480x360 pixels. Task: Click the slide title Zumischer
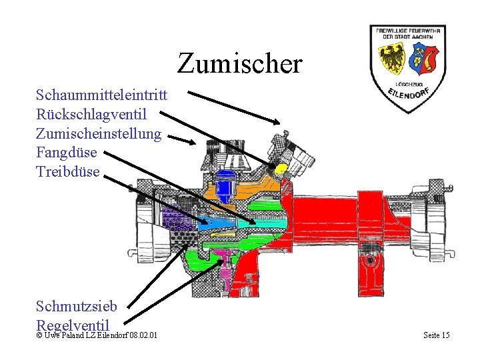pyautogui.click(x=240, y=63)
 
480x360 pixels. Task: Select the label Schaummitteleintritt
pyautogui.click(x=101, y=95)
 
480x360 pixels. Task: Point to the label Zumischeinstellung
pyautogui.click(x=99, y=134)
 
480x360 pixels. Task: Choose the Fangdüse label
pyautogui.click(x=67, y=153)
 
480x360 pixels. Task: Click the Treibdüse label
pyautogui.click(x=68, y=171)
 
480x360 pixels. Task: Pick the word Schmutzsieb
pyautogui.click(x=77, y=306)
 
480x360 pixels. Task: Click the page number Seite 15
pyautogui.click(x=437, y=335)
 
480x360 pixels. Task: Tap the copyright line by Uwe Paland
pyautogui.click(x=97, y=335)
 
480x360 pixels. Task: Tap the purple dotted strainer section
pyautogui.click(x=177, y=220)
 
